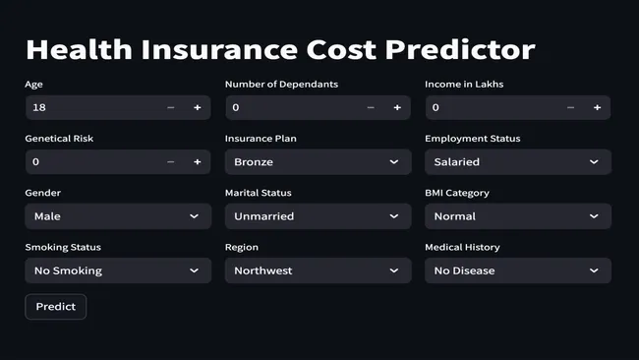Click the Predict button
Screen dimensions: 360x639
click(56, 307)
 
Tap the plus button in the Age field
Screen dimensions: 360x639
click(197, 107)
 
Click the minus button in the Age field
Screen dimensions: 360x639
click(171, 107)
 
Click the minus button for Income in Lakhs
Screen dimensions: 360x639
click(571, 107)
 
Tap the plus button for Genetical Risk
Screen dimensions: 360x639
click(197, 161)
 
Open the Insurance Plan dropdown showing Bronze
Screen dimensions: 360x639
click(316, 161)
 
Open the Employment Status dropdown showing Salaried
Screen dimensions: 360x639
click(517, 161)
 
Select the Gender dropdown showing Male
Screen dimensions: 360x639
click(117, 215)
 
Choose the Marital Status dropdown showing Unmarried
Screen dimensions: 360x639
click(316, 215)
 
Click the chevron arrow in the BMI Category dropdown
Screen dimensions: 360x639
click(594, 215)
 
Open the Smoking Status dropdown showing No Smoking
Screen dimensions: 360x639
click(117, 270)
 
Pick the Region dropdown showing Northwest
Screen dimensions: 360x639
click(316, 270)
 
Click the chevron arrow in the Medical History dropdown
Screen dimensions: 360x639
click(594, 270)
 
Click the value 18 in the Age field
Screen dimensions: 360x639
click(39, 107)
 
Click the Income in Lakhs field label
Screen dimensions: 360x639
click(464, 85)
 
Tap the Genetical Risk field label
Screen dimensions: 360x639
click(59, 139)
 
